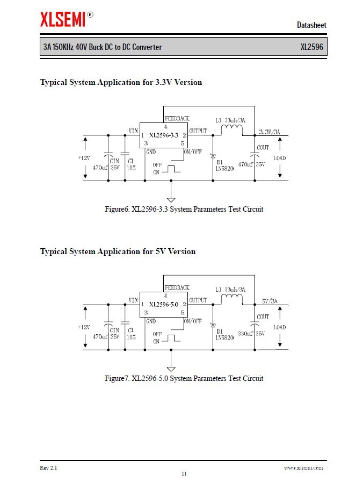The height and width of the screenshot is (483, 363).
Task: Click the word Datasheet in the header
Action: (311, 25)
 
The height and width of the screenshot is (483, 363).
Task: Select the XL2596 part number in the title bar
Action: (311, 47)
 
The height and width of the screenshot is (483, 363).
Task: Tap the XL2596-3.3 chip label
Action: (164, 135)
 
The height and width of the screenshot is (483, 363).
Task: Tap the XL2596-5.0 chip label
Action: (164, 305)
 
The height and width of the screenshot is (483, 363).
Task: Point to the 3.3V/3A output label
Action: (269, 132)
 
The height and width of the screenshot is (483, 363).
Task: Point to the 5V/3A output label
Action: (270, 301)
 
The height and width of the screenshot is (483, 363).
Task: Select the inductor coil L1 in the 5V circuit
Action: (231, 298)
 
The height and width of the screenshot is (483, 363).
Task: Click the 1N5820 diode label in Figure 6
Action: (224, 168)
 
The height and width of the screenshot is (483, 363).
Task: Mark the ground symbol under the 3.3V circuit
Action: (171, 199)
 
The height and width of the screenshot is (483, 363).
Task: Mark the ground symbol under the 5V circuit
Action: (171, 368)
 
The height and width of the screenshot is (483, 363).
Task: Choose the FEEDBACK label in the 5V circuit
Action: (177, 288)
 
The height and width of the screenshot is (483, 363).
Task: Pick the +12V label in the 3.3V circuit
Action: (84, 158)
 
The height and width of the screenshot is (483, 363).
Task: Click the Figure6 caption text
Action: (184, 209)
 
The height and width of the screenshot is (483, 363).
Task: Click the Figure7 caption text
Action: (184, 378)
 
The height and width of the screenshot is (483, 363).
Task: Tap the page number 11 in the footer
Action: (184, 474)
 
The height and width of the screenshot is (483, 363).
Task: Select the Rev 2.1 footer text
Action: (48, 467)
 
